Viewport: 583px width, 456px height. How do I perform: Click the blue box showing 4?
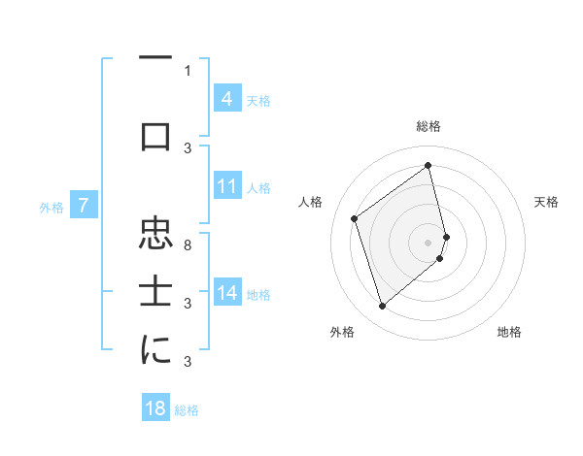(x=226, y=98)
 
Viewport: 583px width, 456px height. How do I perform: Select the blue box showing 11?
(x=226, y=185)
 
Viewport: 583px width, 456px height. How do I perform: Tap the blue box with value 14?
(x=226, y=293)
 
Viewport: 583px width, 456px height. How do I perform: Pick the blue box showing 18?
(x=155, y=408)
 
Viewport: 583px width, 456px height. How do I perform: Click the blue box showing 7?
(x=84, y=206)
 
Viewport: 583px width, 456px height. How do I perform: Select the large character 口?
(x=155, y=138)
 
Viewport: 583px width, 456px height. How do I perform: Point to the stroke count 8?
(x=188, y=244)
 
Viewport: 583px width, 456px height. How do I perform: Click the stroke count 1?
(x=188, y=70)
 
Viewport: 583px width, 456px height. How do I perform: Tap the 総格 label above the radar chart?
(x=429, y=126)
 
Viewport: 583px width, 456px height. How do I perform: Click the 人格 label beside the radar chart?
(x=311, y=202)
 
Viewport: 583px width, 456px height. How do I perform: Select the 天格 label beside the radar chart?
(x=546, y=202)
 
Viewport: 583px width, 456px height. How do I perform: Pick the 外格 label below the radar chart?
(x=342, y=332)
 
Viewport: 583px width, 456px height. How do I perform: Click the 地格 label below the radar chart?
(x=509, y=332)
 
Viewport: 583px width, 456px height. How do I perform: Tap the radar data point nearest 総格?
(x=429, y=165)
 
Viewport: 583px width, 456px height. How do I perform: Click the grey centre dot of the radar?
(x=429, y=241)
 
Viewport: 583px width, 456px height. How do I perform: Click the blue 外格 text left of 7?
(x=51, y=207)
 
